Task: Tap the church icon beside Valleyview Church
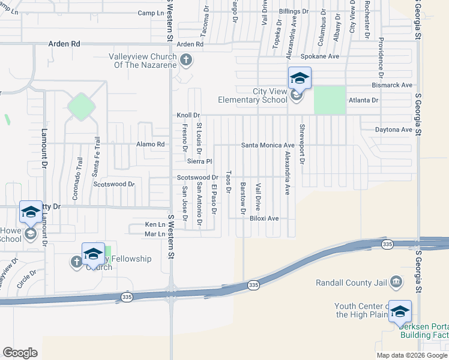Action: [x=186, y=59]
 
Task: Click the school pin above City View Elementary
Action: [x=300, y=78]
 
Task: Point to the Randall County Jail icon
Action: [x=396, y=281]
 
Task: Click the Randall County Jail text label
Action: [x=353, y=282]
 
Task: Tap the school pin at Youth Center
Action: [x=400, y=311]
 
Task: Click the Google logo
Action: [x=20, y=353]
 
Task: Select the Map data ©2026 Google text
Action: [x=411, y=355]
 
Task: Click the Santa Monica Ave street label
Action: [x=268, y=145]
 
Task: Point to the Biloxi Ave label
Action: [x=265, y=218]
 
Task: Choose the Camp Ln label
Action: [x=151, y=13]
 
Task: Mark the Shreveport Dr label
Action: [x=303, y=144]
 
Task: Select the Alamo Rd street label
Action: [x=150, y=145]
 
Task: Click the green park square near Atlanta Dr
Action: [x=330, y=100]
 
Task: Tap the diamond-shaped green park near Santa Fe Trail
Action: [x=81, y=107]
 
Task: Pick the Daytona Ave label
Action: [x=394, y=130]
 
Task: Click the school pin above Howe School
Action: [x=31, y=212]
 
